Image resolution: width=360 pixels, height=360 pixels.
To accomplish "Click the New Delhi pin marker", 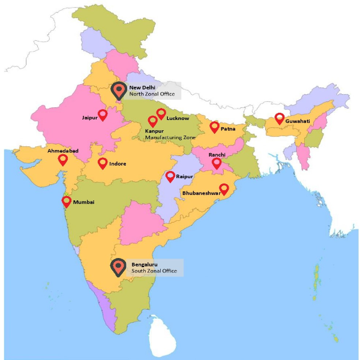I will (x=119, y=91).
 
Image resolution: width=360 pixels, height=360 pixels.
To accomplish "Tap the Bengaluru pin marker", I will (x=119, y=267).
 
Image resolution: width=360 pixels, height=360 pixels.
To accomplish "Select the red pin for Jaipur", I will (x=103, y=115).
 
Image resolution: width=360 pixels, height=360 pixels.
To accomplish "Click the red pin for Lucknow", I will (x=161, y=113).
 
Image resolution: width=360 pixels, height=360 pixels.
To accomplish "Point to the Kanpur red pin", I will (x=152, y=121).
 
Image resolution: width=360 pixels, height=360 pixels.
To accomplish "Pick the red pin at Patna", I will (x=214, y=127).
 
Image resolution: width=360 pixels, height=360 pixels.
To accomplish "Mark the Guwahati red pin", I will (x=279, y=118).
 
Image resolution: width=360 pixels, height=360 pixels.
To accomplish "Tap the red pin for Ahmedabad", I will (x=63, y=160).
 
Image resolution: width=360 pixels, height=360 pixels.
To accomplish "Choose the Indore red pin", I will (x=103, y=163).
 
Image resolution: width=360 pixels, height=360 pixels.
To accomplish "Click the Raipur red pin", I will (x=170, y=176).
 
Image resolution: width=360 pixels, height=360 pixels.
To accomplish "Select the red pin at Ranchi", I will (x=217, y=163).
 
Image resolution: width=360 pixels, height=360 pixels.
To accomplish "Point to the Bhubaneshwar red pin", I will (x=224, y=188).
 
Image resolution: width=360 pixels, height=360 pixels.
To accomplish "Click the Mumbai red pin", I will (x=66, y=202).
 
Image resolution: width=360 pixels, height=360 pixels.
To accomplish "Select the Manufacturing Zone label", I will (x=170, y=137).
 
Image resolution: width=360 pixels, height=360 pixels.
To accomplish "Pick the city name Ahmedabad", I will (x=63, y=151).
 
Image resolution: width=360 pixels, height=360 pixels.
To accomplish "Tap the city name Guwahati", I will (x=298, y=121).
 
